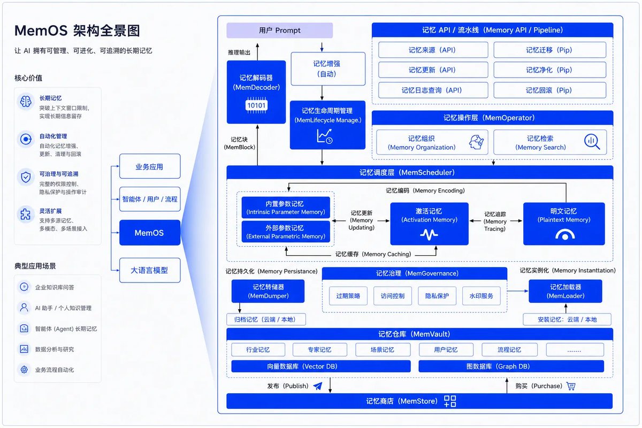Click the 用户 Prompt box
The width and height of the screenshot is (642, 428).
click(279, 30)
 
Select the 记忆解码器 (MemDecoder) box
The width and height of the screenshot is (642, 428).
click(256, 92)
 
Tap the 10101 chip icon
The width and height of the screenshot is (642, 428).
click(256, 105)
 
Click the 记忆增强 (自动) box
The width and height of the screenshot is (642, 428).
click(328, 69)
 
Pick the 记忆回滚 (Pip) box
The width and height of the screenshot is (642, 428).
click(550, 90)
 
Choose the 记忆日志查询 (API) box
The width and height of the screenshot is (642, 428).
click(433, 90)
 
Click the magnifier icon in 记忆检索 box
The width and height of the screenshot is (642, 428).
click(592, 142)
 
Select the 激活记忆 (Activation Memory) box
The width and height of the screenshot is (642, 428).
click(429, 224)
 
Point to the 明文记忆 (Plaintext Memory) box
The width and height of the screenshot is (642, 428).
click(564, 224)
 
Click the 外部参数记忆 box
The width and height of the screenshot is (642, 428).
click(286, 232)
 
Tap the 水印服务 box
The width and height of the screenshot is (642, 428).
click(481, 296)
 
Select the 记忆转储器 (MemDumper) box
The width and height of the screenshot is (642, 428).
click(268, 291)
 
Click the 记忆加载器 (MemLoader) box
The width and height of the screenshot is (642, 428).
click(565, 291)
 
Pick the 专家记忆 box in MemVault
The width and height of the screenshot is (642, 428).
click(319, 350)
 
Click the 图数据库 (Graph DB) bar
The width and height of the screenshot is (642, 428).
click(511, 366)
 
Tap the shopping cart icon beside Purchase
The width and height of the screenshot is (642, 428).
click(571, 386)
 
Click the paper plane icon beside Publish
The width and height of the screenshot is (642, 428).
click(318, 386)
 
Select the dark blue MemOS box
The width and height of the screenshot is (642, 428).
click(150, 233)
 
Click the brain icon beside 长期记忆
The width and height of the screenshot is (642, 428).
click(26, 102)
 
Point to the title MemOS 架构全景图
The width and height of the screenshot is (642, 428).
click(77, 30)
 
